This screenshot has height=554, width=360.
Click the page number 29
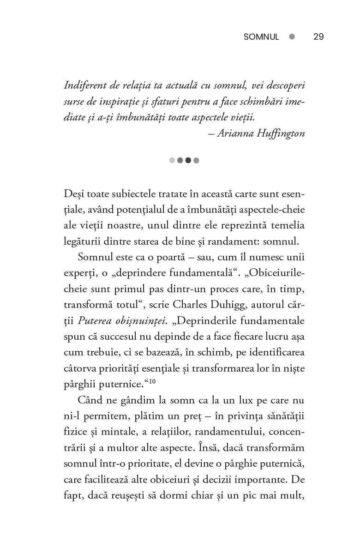[x=318, y=37]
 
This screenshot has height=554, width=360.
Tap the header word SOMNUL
[x=261, y=37]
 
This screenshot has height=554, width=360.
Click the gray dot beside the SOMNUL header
[x=292, y=37]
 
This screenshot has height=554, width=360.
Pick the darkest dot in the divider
[x=188, y=160]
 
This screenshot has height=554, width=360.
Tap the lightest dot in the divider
[x=172, y=160]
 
